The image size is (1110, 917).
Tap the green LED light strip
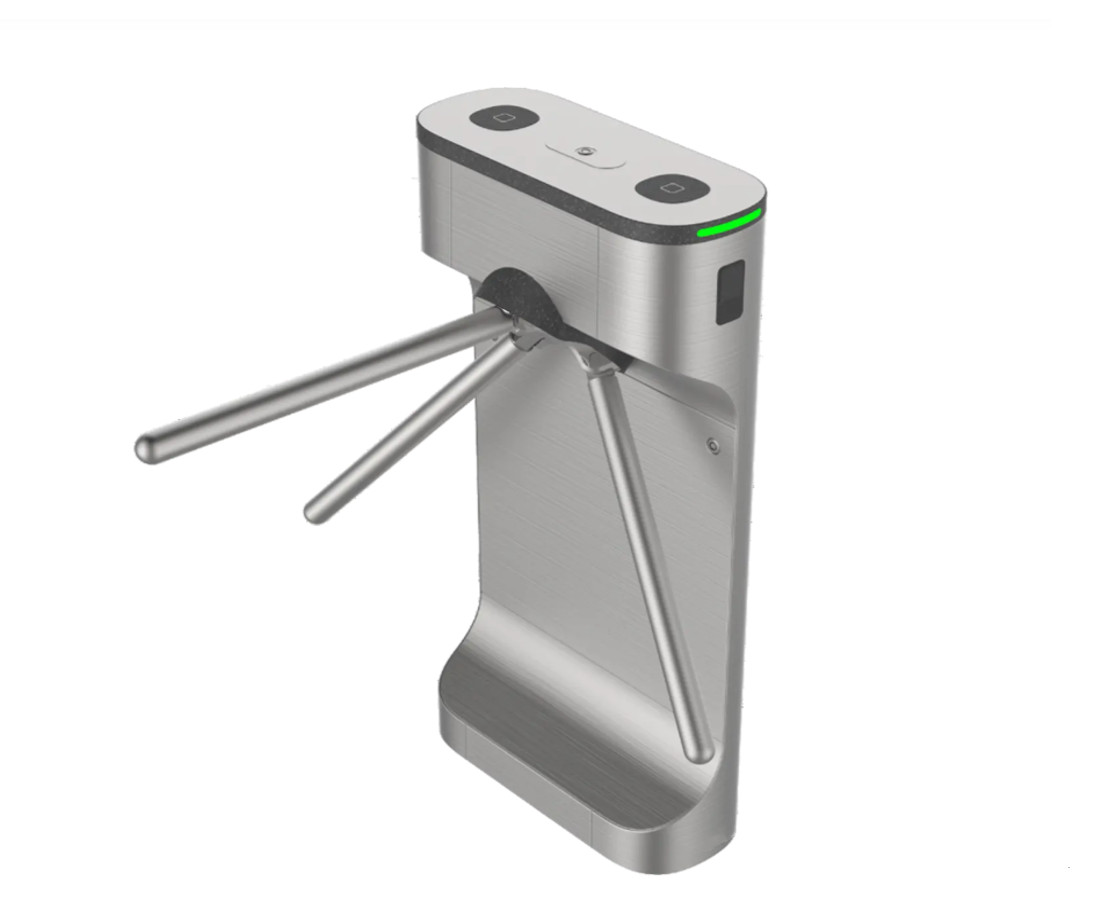[x=732, y=225]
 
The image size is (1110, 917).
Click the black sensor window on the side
[x=731, y=291]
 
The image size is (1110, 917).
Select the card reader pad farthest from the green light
[x=506, y=118]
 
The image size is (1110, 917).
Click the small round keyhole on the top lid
[x=585, y=151]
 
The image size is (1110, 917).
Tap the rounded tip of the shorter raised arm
[x=315, y=510]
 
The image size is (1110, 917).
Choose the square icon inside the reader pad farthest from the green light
[x=506, y=118]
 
